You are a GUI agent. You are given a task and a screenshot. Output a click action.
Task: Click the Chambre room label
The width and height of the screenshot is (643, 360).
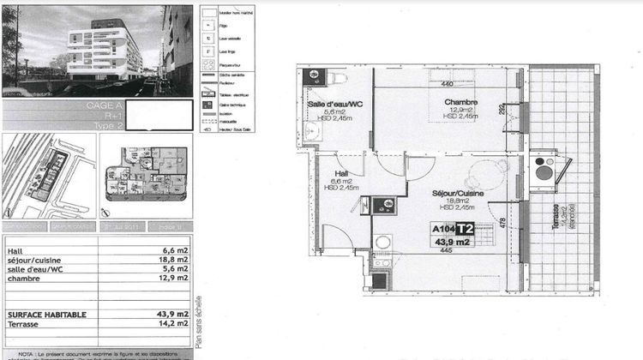coord(460,102)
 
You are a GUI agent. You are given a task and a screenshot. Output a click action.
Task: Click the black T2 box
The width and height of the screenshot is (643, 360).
coord(466,229)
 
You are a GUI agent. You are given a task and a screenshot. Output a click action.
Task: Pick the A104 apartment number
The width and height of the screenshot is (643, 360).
coord(443,229)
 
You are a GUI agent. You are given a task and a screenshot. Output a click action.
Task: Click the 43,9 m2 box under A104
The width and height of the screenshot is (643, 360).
coord(454,243)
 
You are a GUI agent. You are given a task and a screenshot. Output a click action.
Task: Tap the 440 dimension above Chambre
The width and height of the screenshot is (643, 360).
coord(447,84)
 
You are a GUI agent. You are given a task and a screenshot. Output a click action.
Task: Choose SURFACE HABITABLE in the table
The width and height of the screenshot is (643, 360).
coord(46,315)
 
